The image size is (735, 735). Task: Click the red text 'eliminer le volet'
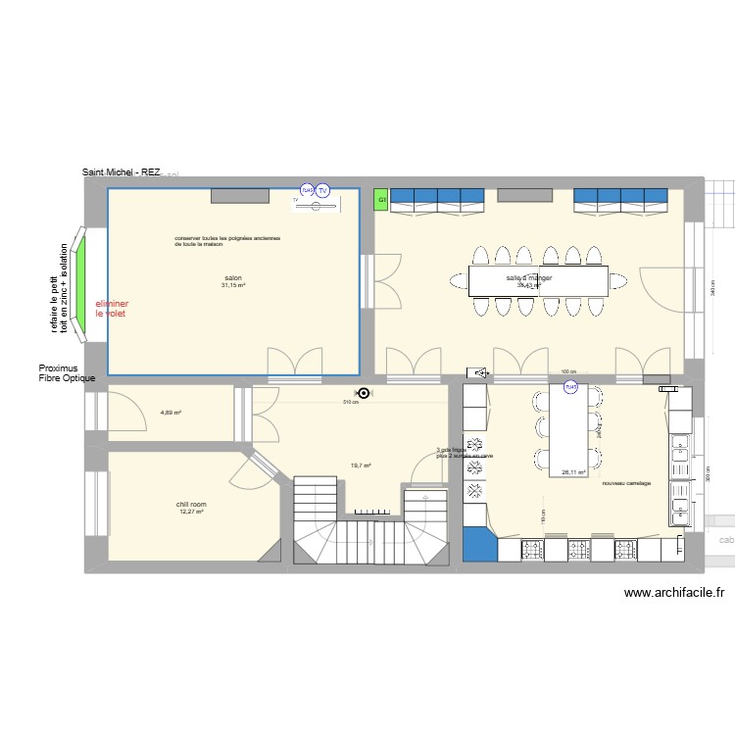tap(112, 309)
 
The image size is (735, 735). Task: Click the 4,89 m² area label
tap(171, 413)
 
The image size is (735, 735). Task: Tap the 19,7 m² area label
tap(360, 466)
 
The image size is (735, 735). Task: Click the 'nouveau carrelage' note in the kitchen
tap(626, 483)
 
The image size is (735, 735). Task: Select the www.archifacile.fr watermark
tap(673, 592)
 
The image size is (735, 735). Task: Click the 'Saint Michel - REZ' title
tap(122, 172)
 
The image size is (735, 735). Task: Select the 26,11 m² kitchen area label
tap(573, 471)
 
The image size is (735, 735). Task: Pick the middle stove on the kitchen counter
tap(574, 549)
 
